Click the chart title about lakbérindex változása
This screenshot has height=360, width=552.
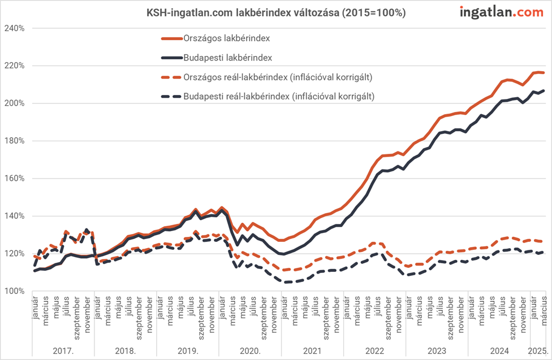[x=276, y=12]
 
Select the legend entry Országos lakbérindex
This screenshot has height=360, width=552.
[x=226, y=38]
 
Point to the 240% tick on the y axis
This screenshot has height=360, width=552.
[x=15, y=28]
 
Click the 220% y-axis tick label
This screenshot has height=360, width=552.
[x=15, y=66]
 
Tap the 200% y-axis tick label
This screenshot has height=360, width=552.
[x=15, y=103]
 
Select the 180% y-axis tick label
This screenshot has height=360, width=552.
[x=15, y=141]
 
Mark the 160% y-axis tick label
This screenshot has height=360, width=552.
[x=15, y=179]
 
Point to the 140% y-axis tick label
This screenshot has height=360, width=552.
[x=15, y=216]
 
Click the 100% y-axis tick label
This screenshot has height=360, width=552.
[x=15, y=291]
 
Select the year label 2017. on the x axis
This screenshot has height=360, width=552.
[x=63, y=350]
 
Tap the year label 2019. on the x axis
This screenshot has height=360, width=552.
[x=187, y=350]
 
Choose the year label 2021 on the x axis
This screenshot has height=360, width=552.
[x=312, y=350]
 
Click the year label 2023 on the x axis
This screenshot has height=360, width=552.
[x=436, y=350]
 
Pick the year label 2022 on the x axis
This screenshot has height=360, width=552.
[x=374, y=350]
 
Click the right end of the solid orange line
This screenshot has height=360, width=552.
[x=544, y=72]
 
